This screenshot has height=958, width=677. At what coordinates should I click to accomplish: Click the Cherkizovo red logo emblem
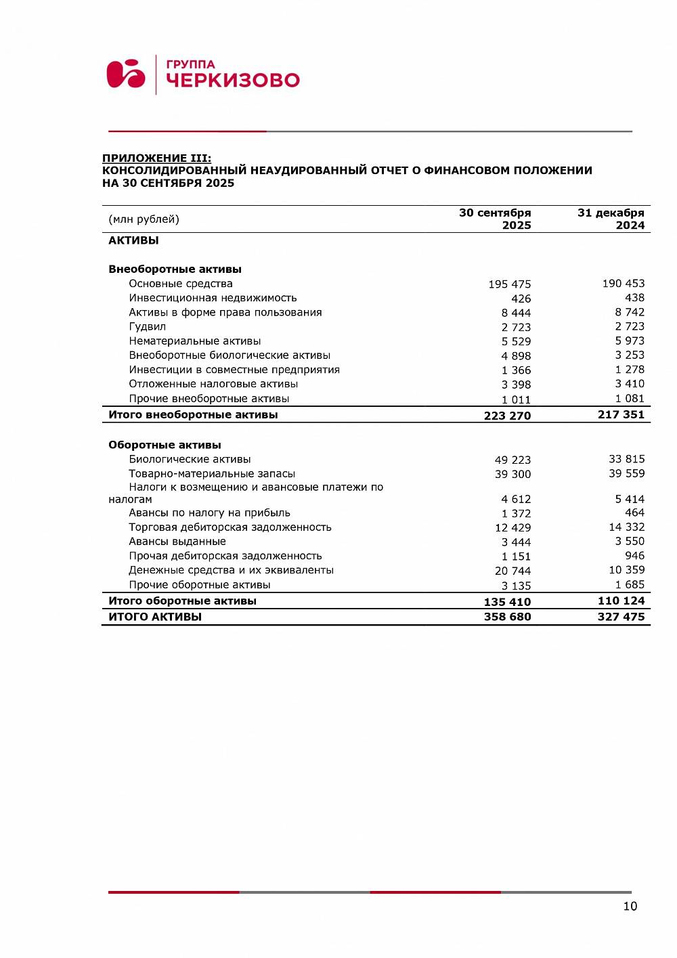pos(126,74)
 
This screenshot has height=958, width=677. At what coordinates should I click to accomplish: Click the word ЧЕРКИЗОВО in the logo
pos(232,81)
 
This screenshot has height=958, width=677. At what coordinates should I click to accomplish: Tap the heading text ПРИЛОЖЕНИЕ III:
pos(156,158)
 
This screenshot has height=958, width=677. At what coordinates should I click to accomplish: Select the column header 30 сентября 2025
pos(495,219)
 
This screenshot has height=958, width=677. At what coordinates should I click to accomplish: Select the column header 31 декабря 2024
pos(611,219)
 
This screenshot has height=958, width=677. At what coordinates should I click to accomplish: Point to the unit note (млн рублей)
pos(144,219)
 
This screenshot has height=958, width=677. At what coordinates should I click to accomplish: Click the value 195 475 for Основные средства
pos(509,284)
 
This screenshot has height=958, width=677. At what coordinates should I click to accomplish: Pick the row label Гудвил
pos(147,327)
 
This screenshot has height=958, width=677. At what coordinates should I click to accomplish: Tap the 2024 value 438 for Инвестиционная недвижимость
pos(634,298)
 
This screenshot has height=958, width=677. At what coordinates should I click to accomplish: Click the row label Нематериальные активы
pos(194,341)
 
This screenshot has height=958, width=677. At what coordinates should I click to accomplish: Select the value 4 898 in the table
pos(516,356)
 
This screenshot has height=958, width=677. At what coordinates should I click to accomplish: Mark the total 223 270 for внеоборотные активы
pos(507,416)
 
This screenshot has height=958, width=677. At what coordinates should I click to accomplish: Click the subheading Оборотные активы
pos(165,445)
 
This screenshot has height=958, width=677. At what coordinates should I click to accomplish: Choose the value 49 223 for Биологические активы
pos(512,460)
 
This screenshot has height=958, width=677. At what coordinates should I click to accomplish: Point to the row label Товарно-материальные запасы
pos(212,474)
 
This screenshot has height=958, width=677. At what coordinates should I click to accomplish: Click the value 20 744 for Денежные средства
pos(512,571)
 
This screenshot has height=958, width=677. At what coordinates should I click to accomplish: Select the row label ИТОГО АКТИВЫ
pos(155,617)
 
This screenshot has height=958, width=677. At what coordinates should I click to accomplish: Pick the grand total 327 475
pos(621,617)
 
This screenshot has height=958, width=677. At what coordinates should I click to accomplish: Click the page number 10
pos(630,907)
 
